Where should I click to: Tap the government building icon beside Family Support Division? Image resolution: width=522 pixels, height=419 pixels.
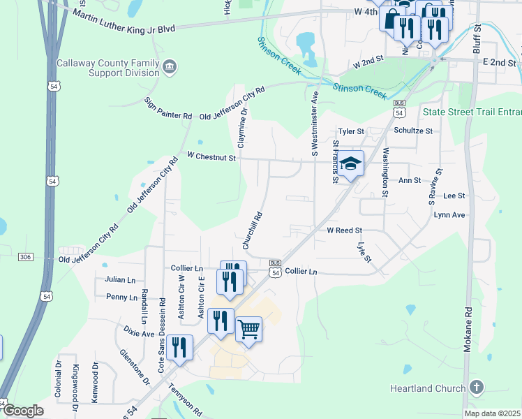[170, 67]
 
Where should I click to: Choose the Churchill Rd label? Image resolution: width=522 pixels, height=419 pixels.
[253, 231]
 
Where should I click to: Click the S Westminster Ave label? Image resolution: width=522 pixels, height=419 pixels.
[315, 123]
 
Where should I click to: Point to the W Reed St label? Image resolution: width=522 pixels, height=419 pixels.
[344, 230]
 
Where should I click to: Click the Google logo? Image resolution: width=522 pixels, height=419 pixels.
[23, 411]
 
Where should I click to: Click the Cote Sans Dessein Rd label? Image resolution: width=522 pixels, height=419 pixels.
[162, 336]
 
